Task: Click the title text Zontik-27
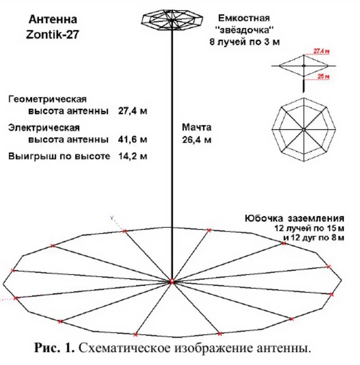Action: [x=53, y=34]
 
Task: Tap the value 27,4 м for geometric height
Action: [x=133, y=111]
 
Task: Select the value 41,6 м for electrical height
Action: [x=133, y=139]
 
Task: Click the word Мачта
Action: [x=196, y=127]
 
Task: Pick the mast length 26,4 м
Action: [x=196, y=139]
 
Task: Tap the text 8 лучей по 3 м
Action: [x=244, y=42]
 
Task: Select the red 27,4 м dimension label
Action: [x=321, y=52]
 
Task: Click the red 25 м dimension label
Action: [x=322, y=77]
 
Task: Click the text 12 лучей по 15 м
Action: [x=309, y=228]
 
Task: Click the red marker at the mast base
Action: [x=171, y=281]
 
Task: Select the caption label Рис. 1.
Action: [x=56, y=349]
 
